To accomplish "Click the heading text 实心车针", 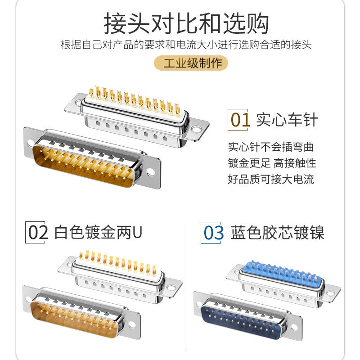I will coord(287,120).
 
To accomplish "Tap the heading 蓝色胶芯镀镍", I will coord(277,233).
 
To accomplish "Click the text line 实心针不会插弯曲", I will coord(270,147).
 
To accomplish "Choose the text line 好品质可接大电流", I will coord(270,179).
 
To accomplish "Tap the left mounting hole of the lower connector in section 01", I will coord(31,144).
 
